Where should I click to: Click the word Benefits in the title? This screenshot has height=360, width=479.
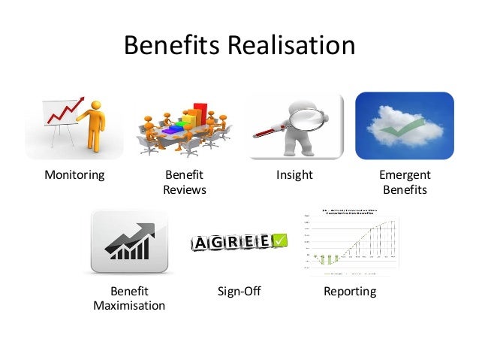coord(170,46)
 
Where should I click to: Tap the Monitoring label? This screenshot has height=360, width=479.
coord(74,176)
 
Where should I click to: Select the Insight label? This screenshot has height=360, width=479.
coord(294,176)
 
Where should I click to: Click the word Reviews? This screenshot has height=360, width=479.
coord(185,190)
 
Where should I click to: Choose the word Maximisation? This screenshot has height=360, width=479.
coord(129,306)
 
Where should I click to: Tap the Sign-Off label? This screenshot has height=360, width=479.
coord(239,291)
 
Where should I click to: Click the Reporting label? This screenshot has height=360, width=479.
coord(349,291)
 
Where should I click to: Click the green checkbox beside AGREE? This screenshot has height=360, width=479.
coord(278,241)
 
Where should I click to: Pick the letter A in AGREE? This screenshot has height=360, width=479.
coord(201,244)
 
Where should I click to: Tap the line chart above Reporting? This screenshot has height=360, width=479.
coord(350,241)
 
